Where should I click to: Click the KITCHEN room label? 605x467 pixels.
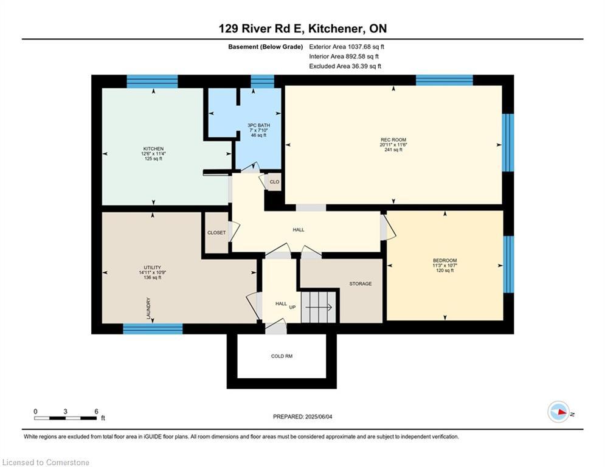pyautogui.click(x=154, y=149)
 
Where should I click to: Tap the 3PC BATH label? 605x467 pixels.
pyautogui.click(x=258, y=125)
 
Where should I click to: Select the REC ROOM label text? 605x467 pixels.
pyautogui.click(x=393, y=140)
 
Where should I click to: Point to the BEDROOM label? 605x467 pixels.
pyautogui.click(x=445, y=260)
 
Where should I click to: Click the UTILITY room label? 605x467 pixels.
pyautogui.click(x=153, y=268)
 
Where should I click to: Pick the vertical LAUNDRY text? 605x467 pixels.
pyautogui.click(x=148, y=308)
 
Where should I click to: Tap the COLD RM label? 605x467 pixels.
pyautogui.click(x=282, y=356)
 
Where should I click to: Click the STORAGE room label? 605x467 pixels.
pyautogui.click(x=361, y=284)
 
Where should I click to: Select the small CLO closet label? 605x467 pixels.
pyautogui.click(x=274, y=182)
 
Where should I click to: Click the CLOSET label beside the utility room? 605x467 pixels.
pyautogui.click(x=216, y=233)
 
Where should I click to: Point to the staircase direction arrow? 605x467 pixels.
pyautogui.click(x=319, y=308)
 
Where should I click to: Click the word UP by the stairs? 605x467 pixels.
pyautogui.click(x=292, y=307)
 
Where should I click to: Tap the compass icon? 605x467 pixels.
pyautogui.click(x=559, y=412)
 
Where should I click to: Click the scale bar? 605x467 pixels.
pyautogui.click(x=65, y=418)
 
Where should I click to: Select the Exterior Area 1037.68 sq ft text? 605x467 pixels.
pyautogui.click(x=347, y=47)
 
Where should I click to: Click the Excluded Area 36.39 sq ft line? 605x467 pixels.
pyautogui.click(x=345, y=66)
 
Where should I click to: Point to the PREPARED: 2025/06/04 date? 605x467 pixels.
pyautogui.click(x=303, y=417)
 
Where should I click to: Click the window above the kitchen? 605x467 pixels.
pyautogui.click(x=153, y=81)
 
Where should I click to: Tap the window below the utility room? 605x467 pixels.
pyautogui.click(x=153, y=329)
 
